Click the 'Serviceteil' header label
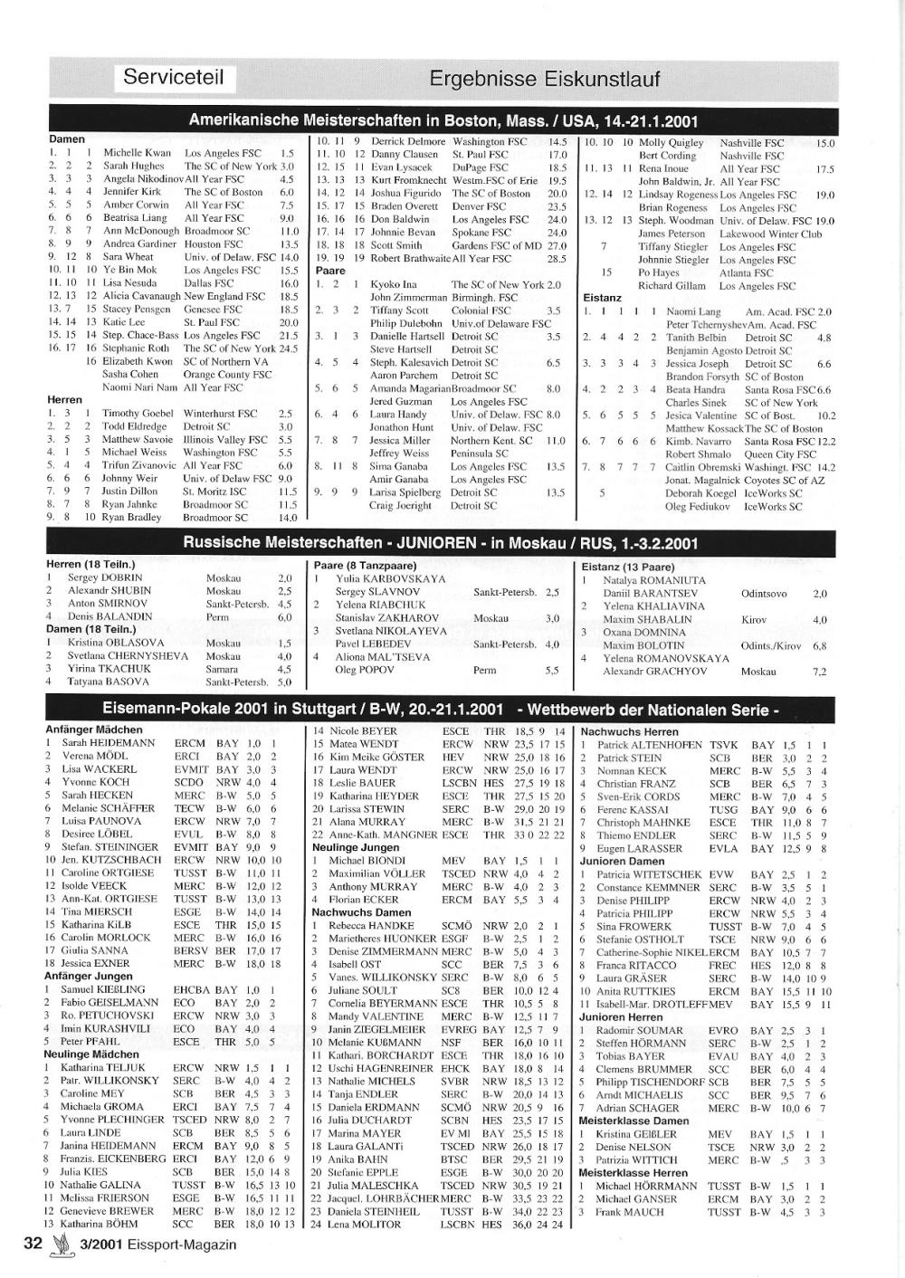click(173, 78)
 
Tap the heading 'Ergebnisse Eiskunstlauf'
click(544, 79)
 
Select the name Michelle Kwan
click(137, 153)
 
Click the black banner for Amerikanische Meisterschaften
click(443, 120)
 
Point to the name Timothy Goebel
click(137, 413)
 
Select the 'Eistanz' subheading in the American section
click(602, 297)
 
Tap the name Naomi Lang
click(693, 311)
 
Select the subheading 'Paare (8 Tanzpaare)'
click(365, 565)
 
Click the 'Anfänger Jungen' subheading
click(88, 977)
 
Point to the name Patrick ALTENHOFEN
click(649, 745)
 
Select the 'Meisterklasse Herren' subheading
click(633, 1172)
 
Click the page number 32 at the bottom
click(33, 1243)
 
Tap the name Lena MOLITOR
click(365, 1225)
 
